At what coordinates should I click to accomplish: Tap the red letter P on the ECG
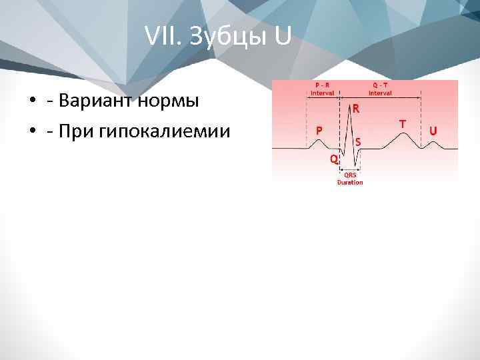pyautogui.click(x=320, y=131)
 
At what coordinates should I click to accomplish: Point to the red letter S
pyautogui.click(x=359, y=141)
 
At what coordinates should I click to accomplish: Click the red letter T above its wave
pyautogui.click(x=403, y=124)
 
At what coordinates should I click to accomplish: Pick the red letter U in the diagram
pyautogui.click(x=433, y=131)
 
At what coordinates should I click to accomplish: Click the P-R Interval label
pyautogui.click(x=323, y=89)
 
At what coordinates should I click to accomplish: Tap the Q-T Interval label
pyautogui.click(x=381, y=89)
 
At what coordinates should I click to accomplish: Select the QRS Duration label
pyautogui.click(x=350, y=179)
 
